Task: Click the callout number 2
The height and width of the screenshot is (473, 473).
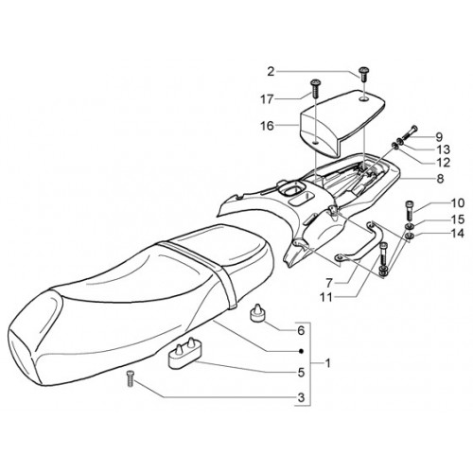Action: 271,72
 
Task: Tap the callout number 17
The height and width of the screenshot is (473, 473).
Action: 267,99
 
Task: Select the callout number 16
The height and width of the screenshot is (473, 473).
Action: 267,126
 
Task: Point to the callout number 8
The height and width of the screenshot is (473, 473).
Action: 440,179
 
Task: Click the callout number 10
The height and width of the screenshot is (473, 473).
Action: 458,203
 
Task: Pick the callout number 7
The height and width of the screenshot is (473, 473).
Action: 329,283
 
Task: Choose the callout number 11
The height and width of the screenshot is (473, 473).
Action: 326,297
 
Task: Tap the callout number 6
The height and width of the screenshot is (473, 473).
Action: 301,330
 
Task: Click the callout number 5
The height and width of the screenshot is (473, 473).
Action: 301,373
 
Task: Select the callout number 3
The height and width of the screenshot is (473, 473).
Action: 301,397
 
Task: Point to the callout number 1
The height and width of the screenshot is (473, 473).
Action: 327,363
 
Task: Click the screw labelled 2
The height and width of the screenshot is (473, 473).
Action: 364,74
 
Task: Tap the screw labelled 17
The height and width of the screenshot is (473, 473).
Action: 315,89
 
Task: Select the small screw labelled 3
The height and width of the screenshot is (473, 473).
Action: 130,379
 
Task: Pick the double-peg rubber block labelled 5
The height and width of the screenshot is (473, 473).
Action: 183,353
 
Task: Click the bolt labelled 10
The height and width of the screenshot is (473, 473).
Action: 409,211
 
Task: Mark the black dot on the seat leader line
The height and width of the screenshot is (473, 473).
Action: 301,351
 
